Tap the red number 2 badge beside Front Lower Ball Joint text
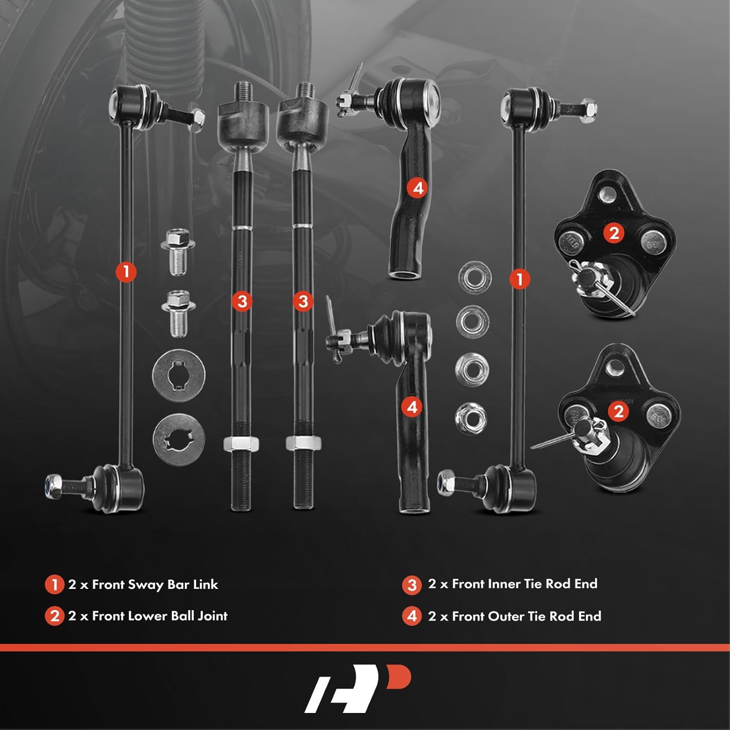[54, 616]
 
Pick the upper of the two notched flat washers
[178, 376]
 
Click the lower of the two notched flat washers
[179, 439]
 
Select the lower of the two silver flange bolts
[178, 313]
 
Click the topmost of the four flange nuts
[474, 277]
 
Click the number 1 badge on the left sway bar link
[126, 271]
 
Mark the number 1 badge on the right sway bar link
[519, 279]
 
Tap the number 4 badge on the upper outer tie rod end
[418, 188]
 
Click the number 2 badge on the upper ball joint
[614, 233]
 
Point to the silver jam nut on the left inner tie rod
[241, 444]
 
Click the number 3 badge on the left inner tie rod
[242, 301]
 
